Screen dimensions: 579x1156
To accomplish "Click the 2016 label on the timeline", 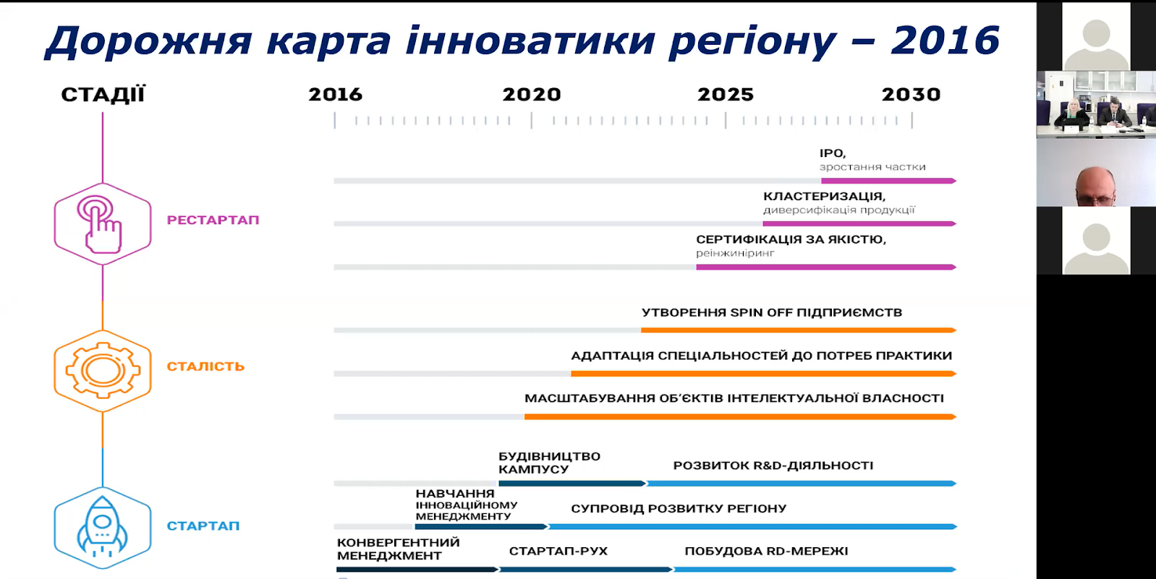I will pyautogui.click(x=335, y=95).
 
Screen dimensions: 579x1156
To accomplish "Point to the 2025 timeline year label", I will pyautogui.click(x=725, y=95).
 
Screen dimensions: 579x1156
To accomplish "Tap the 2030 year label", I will pyautogui.click(x=911, y=95).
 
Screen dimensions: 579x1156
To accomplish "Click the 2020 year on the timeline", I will pyautogui.click(x=532, y=95).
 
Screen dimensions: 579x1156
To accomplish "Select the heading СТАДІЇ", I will pyautogui.click(x=103, y=95).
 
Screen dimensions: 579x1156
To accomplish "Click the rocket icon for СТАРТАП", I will pyautogui.click(x=102, y=528).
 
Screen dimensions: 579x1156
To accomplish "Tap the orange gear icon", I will pyautogui.click(x=103, y=370).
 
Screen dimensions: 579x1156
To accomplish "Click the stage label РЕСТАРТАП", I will pyautogui.click(x=213, y=220).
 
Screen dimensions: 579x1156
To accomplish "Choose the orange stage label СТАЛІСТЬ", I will pyautogui.click(x=205, y=366).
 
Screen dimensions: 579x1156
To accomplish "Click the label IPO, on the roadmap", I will pyautogui.click(x=832, y=153).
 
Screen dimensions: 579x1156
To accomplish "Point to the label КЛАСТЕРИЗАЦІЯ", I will pyautogui.click(x=824, y=196).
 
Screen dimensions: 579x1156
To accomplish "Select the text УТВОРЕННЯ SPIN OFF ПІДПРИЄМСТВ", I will pyautogui.click(x=771, y=312).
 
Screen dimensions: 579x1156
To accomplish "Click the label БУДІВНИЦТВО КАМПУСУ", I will pyautogui.click(x=549, y=463).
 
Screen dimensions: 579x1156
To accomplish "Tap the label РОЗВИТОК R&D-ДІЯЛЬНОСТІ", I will pyautogui.click(x=773, y=466).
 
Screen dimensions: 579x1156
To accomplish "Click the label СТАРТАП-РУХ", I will pyautogui.click(x=558, y=551).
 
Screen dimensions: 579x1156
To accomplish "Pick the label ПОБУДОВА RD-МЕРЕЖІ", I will pyautogui.click(x=766, y=551).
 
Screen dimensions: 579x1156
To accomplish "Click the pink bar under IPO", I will pyautogui.click(x=888, y=181).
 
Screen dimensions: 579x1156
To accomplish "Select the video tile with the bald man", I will pyautogui.click(x=1095, y=172).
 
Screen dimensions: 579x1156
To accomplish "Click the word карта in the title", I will pyautogui.click(x=328, y=40).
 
